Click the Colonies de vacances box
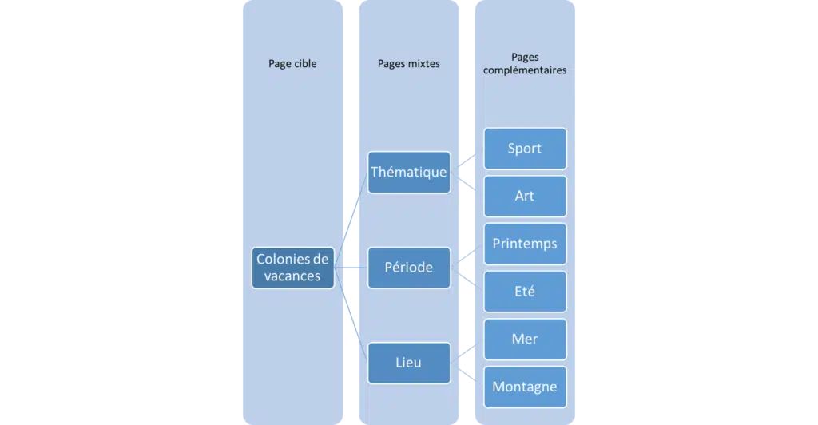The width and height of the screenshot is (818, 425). [x=292, y=268]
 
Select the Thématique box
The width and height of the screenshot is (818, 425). [x=409, y=172]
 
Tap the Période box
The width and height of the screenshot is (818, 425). [x=409, y=267]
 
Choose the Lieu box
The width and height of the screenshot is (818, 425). [x=409, y=363]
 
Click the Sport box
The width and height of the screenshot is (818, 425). [x=524, y=149]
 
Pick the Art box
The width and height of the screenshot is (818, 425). [x=524, y=196]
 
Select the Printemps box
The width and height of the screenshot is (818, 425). [x=524, y=244]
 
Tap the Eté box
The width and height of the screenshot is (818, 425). [x=524, y=292]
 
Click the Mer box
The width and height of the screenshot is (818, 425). [x=524, y=339]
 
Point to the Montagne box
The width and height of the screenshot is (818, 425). [x=524, y=387]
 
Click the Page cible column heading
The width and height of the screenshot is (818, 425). [x=292, y=64]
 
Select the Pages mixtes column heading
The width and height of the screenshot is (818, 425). [x=409, y=64]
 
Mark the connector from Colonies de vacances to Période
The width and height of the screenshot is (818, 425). [x=350, y=268]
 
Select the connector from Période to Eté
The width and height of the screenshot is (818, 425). [x=467, y=279]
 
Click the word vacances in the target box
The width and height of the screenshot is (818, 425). [x=292, y=276]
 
